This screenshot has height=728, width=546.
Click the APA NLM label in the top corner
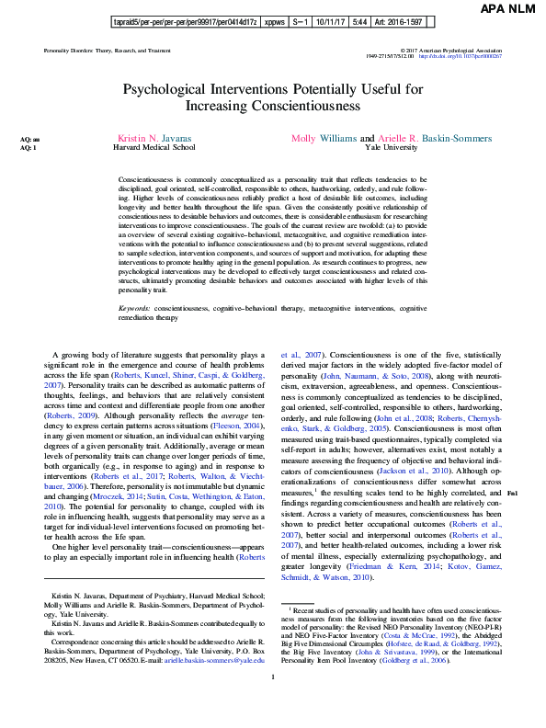click(508, 9)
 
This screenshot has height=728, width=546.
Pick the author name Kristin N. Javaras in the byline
click(154, 137)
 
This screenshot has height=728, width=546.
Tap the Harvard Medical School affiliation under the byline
click(154, 146)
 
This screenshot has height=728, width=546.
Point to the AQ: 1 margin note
click(29, 147)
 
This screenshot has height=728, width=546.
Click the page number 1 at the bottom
click(273, 703)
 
